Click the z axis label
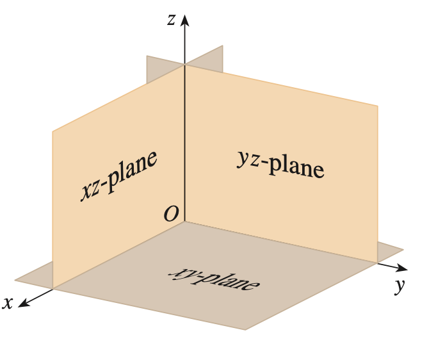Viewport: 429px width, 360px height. pos(171,20)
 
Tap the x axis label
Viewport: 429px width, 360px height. pos(8,303)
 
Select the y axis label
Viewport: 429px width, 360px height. pos(400,286)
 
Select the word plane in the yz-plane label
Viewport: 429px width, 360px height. pos(296,167)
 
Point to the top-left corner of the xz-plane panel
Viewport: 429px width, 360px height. pos(53,132)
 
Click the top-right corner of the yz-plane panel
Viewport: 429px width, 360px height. pos(377,106)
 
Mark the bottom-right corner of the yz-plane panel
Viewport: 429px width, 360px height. pos(377,261)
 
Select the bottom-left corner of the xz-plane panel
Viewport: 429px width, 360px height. pos(53,288)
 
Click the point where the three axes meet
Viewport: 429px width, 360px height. pos(185,222)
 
